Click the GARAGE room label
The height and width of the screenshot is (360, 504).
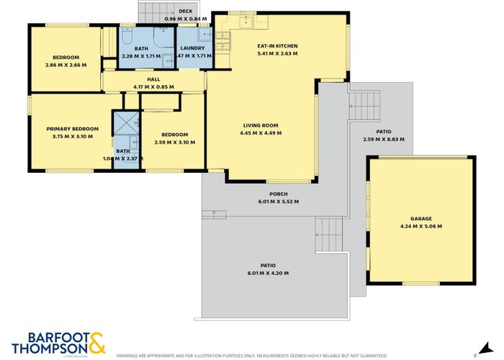point(420,218)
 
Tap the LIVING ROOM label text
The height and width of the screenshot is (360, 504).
point(260,125)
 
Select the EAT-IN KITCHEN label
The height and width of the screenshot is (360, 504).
point(277,45)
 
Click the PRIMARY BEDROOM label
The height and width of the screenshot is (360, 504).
point(73,129)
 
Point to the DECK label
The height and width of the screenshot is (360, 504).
point(185,12)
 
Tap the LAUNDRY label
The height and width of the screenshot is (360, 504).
point(192,48)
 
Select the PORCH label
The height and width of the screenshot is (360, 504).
point(279,194)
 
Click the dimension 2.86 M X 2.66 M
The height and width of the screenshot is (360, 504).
point(65,65)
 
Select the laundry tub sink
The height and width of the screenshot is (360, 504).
point(203,34)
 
